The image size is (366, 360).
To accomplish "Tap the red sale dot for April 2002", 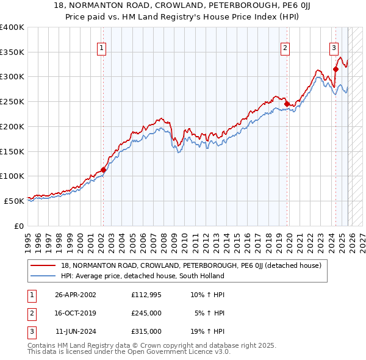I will [103, 170].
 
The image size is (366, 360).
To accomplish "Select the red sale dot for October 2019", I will [287, 104].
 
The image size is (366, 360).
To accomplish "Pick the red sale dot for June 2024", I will [335, 70].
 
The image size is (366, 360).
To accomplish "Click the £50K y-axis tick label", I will [14, 200].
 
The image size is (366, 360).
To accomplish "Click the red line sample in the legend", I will [44, 265].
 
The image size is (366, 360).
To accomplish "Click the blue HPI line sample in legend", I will [44, 276].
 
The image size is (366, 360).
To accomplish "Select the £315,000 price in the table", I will [146, 331].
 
